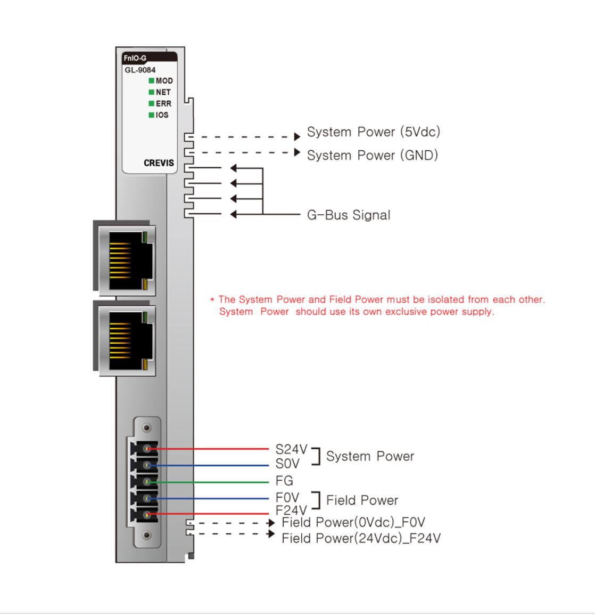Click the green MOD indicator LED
[x=151, y=81]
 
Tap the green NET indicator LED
[x=151, y=92]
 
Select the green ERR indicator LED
[x=151, y=103]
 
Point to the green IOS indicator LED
[x=151, y=115]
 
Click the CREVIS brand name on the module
[x=159, y=163]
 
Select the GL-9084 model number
[x=140, y=70]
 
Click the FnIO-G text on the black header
[x=135, y=58]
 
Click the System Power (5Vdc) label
[x=373, y=132]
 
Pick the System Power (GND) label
[x=372, y=156]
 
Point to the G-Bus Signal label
[x=349, y=215]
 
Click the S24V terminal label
[x=291, y=449]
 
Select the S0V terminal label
[x=287, y=464]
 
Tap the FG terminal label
[x=284, y=481]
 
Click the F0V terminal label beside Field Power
[x=287, y=497]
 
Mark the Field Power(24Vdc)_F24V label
[x=361, y=538]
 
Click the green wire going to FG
[x=213, y=482]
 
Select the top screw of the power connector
[x=147, y=428]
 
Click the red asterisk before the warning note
[x=212, y=300]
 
